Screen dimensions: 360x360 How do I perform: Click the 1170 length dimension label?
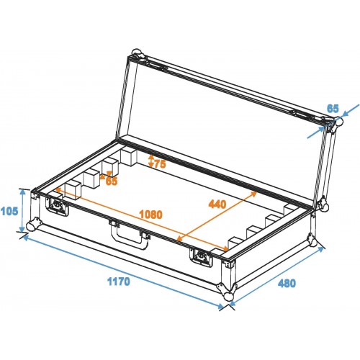tap(118, 282)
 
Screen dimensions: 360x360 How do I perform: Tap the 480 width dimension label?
tap(287, 283)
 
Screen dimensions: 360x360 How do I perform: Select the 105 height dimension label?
tap(9, 211)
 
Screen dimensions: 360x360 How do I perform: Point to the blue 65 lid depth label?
tap(333, 109)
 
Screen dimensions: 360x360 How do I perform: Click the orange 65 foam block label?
tap(112, 181)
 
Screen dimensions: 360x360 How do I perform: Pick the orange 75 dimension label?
tap(160, 164)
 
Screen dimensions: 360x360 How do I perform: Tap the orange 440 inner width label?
tap(217, 204)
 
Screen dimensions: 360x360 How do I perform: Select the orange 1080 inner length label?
tap(151, 215)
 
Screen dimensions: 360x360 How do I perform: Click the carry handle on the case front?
tap(130, 233)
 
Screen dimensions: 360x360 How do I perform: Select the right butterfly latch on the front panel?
tap(201, 257)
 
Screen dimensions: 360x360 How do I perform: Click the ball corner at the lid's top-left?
tap(137, 53)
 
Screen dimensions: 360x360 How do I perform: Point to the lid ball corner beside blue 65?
tap(338, 122)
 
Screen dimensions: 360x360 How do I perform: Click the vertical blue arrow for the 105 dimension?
tap(22, 210)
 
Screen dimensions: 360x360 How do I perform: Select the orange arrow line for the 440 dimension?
tap(217, 216)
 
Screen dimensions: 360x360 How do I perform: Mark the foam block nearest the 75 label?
tap(129, 157)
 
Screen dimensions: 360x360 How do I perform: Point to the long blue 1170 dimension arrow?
tap(123, 272)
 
